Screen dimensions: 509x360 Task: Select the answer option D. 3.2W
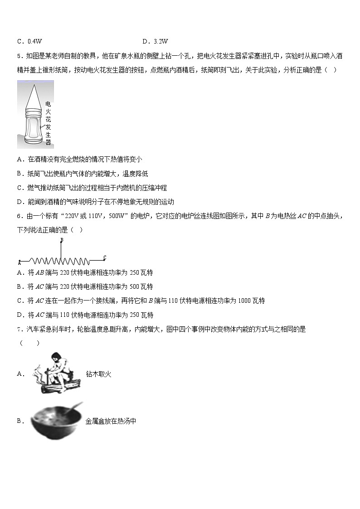(155, 41)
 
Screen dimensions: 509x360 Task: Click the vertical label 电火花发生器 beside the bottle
(48, 123)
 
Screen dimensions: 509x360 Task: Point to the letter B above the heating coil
(61, 240)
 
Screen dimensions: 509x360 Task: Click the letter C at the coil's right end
(104, 258)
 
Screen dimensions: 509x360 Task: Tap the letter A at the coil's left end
(19, 262)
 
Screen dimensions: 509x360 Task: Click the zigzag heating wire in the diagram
(59, 261)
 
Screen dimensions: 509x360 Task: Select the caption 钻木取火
(98, 374)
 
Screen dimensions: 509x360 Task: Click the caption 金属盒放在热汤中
(111, 421)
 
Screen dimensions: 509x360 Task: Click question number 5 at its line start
(19, 56)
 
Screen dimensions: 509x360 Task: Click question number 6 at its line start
(19, 216)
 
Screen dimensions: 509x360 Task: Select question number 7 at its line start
(19, 330)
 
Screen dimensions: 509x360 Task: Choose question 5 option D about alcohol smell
(95, 202)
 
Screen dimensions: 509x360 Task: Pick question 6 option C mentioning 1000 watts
(141, 301)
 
